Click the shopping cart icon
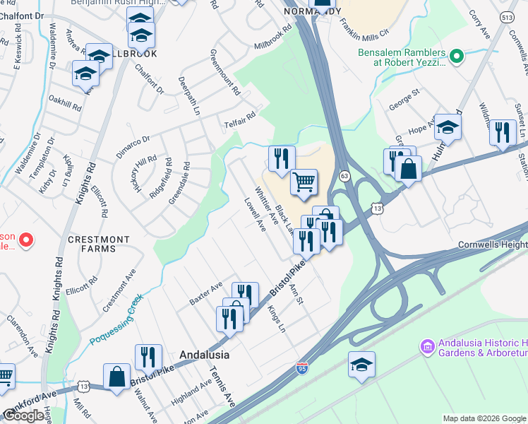[304, 182]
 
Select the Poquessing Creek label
[116, 320]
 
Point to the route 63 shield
[344, 175]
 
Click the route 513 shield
[507, 17]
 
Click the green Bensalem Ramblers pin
[456, 54]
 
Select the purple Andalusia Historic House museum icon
[427, 346]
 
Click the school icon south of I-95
[361, 365]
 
